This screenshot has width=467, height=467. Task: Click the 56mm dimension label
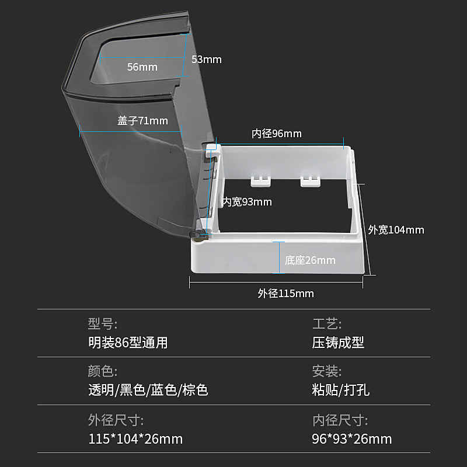[142, 67]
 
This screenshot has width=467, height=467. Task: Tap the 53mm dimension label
[206, 60]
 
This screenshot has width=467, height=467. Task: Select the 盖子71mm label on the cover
[142, 121]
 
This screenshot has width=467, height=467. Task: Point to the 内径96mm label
[277, 134]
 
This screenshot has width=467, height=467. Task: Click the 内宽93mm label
[248, 202]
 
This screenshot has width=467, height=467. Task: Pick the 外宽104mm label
[396, 230]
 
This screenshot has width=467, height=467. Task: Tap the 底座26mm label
[310, 260]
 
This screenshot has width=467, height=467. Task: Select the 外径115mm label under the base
[285, 294]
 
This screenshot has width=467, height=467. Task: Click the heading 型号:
[103, 324]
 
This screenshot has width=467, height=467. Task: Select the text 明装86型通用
[128, 343]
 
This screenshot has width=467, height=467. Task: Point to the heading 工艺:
[327, 324]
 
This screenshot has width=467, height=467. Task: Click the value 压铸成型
[338, 343]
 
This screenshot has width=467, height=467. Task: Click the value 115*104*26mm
[135, 439]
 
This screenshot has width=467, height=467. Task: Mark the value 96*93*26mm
[352, 439]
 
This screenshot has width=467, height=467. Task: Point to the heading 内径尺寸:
[340, 420]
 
